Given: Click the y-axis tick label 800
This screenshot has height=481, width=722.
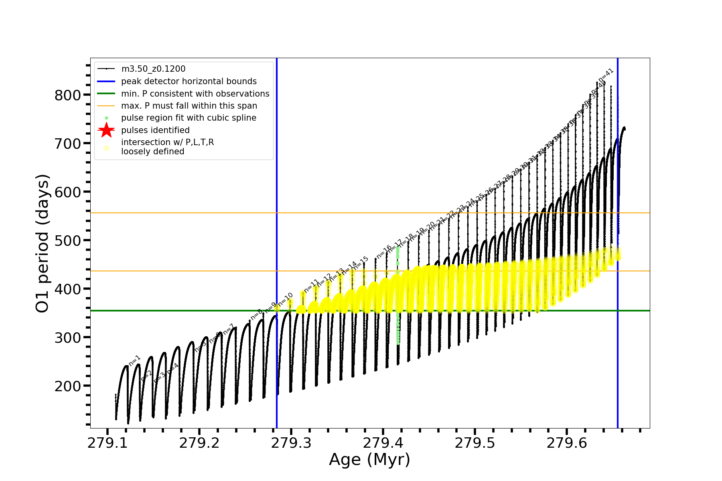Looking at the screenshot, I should click(x=67, y=95).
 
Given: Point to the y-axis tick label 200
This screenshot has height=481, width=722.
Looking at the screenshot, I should click(x=67, y=386).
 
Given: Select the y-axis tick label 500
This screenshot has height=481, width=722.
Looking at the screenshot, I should click(x=67, y=241).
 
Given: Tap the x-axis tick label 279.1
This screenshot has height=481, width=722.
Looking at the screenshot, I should click(x=107, y=443).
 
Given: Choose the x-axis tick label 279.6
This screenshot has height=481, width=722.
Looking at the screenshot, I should click(x=567, y=443).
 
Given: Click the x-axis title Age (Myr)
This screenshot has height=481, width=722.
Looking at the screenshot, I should click(x=369, y=460).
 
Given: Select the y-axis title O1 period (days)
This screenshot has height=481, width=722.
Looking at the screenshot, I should click(x=43, y=243).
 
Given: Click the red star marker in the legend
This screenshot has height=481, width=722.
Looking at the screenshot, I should click(x=106, y=130).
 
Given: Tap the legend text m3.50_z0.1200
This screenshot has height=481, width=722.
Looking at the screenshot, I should click(x=153, y=69).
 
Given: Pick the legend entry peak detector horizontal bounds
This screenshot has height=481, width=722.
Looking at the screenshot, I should click(x=189, y=81).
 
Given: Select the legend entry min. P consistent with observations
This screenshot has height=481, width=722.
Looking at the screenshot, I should click(x=195, y=94).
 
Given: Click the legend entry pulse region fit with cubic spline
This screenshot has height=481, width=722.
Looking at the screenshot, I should click(x=189, y=118).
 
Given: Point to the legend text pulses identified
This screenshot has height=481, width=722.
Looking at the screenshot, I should click(x=155, y=130).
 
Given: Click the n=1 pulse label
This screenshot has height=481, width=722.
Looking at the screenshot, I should click(x=135, y=360).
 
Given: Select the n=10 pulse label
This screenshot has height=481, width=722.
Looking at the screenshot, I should click(x=285, y=299).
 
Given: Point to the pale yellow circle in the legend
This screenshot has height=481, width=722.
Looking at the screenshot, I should click(x=106, y=148).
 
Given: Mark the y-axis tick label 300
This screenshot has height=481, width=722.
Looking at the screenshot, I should click(x=67, y=338).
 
